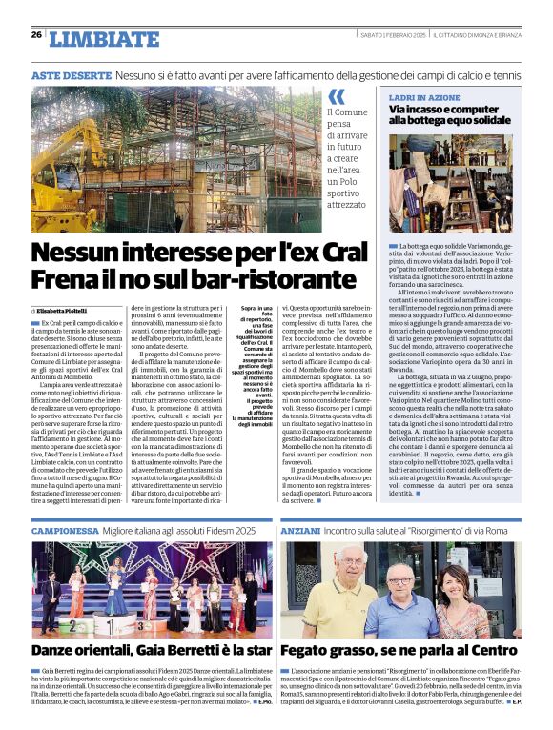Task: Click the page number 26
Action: coord(36,35)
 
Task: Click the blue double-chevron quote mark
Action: coord(337,97)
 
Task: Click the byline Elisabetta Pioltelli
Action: coord(62,311)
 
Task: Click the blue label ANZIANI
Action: coord(301,528)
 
